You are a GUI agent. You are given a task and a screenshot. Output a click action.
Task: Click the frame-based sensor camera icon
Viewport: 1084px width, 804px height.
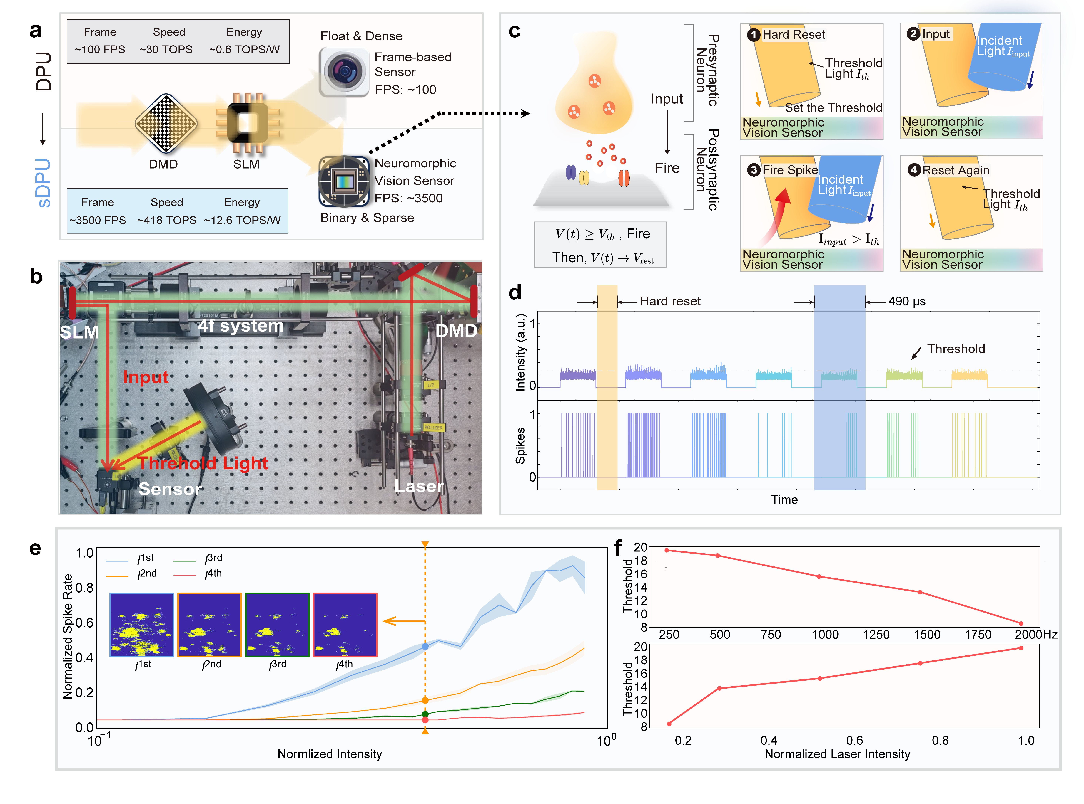pyautogui.click(x=344, y=72)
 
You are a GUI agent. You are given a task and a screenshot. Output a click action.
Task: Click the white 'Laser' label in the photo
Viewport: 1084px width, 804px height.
pyautogui.click(x=419, y=486)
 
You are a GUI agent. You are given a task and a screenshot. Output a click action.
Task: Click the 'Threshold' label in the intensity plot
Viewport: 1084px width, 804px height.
pyautogui.click(x=956, y=349)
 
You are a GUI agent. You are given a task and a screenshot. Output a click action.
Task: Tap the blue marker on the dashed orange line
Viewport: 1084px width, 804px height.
pyautogui.click(x=425, y=646)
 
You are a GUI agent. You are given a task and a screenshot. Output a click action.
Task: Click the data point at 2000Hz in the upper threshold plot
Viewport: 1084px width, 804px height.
pyautogui.click(x=1021, y=623)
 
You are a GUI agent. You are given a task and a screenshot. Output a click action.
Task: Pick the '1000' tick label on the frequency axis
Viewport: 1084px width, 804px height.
pyautogui.click(x=825, y=635)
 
